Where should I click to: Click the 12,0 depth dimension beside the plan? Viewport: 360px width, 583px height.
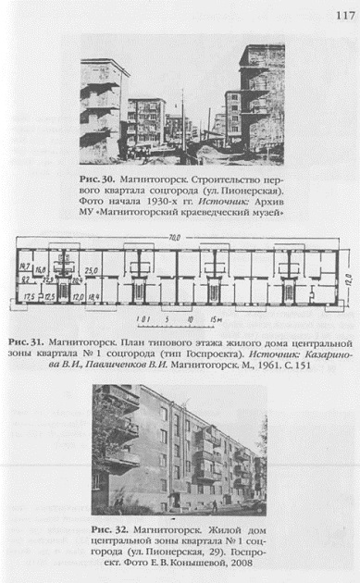pyautogui.click(x=347, y=277)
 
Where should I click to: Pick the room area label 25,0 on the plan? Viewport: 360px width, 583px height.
pyautogui.click(x=92, y=271)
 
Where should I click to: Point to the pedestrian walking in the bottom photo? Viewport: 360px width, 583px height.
pyautogui.click(x=215, y=505)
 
